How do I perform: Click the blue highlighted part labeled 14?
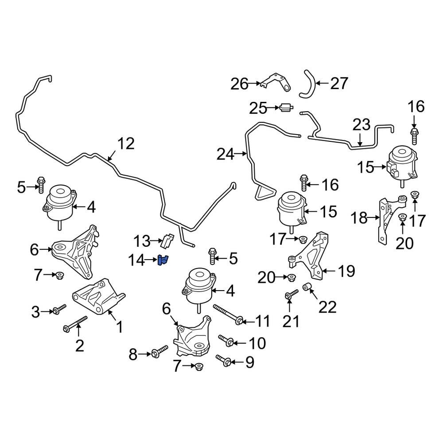[x=163, y=261]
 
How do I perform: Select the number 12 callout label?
[x=125, y=144]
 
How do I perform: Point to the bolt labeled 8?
[x=159, y=352]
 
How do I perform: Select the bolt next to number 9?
[x=225, y=362]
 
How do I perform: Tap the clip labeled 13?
[x=167, y=240]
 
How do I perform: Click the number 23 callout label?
[x=361, y=125]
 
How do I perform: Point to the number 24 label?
[x=225, y=154]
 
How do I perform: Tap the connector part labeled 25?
[x=285, y=107]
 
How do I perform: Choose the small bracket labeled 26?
[x=276, y=82]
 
